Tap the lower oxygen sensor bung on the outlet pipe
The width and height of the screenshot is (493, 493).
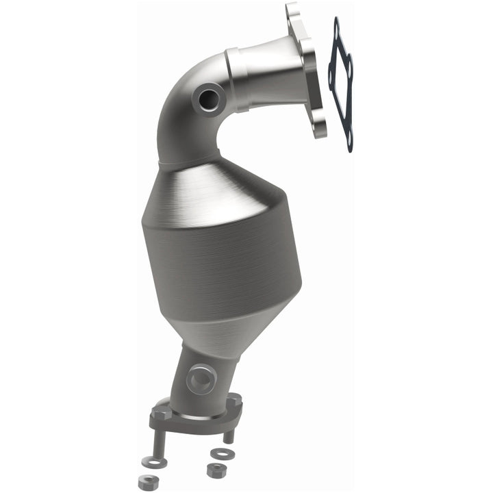click(x=201, y=377)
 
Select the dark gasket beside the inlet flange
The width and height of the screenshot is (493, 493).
click(x=341, y=82)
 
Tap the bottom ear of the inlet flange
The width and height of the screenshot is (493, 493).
click(x=318, y=128)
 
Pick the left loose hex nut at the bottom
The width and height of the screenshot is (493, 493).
click(x=149, y=481)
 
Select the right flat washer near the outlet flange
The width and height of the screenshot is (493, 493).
click(x=220, y=453)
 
